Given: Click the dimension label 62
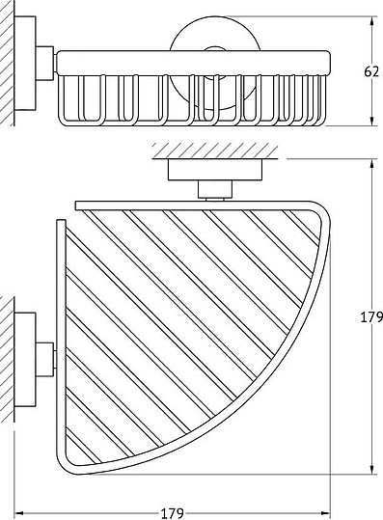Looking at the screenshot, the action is click(370, 71).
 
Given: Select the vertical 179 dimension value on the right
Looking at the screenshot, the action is click(371, 317).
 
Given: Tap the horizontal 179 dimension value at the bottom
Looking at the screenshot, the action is click(172, 513).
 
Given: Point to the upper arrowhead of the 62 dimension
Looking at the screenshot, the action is click(372, 21).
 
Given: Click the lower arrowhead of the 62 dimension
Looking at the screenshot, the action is click(372, 120).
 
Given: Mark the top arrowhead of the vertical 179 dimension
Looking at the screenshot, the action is click(372, 164).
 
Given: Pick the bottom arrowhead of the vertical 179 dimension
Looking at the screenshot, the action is click(372, 469).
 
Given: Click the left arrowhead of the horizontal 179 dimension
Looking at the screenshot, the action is click(20, 512).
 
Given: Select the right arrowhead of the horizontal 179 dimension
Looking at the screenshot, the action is click(325, 512).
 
